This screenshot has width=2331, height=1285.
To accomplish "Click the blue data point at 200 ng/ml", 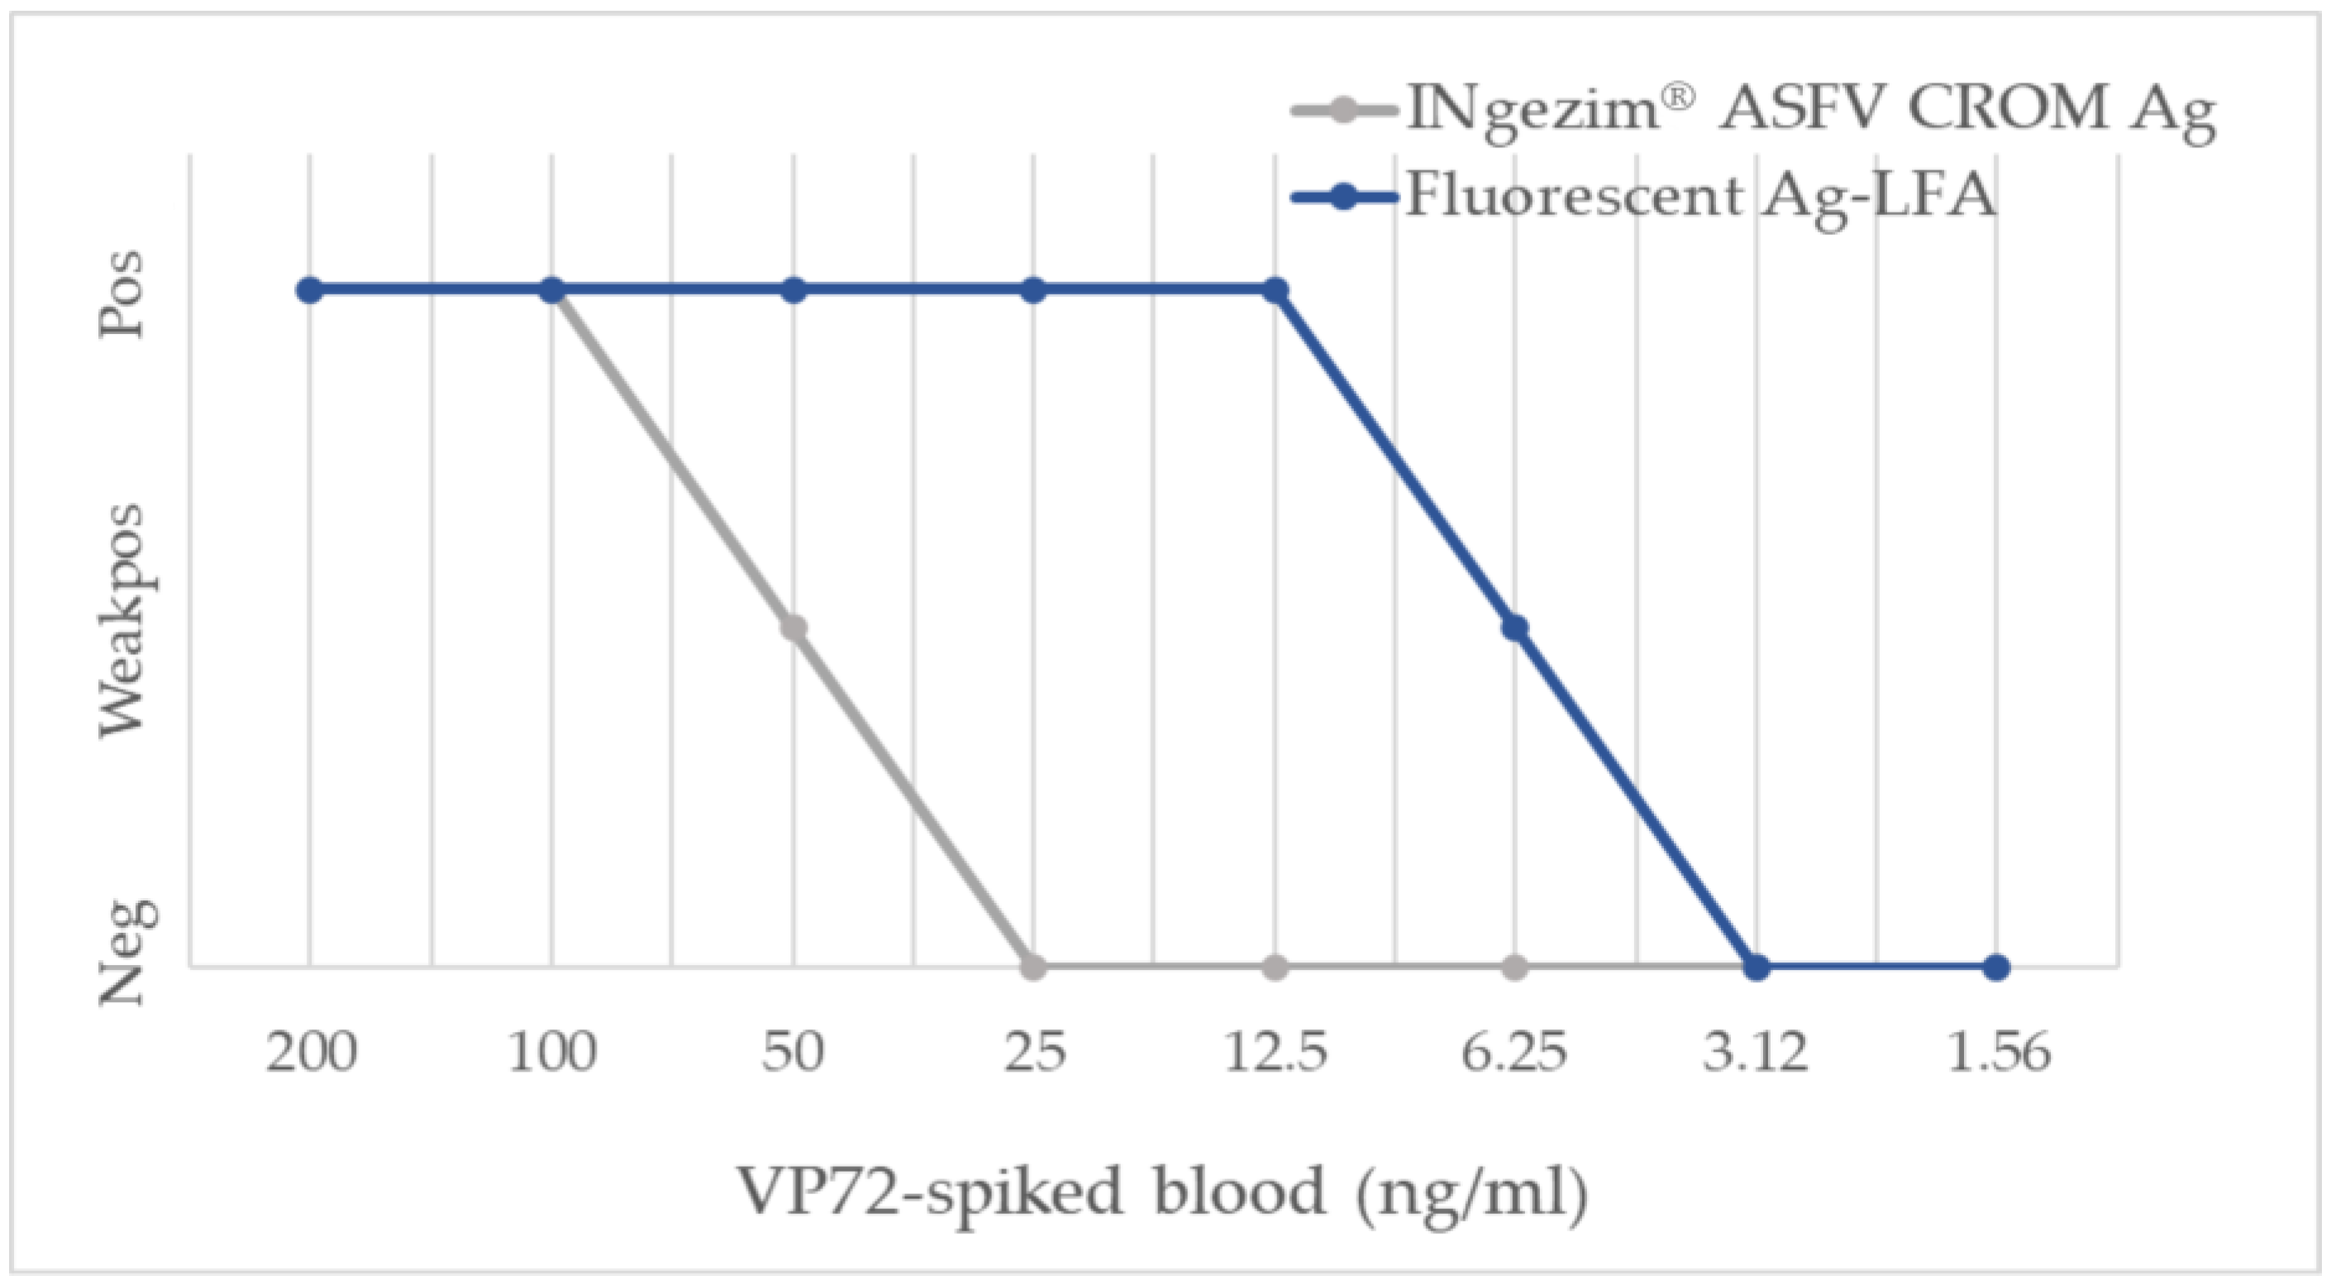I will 310,290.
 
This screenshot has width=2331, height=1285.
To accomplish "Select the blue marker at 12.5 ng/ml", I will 1275,290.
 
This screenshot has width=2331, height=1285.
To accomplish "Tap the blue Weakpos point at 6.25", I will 1516,628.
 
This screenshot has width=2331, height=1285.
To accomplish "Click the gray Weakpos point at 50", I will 794,628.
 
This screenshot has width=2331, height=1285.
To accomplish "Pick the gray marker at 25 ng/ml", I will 1034,967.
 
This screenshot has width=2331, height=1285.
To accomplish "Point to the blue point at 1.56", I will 1997,967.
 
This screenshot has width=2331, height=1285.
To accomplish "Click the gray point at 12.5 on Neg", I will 1275,967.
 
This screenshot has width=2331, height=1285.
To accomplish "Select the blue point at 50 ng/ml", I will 794,290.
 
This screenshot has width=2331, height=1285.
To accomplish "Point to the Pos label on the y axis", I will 122,294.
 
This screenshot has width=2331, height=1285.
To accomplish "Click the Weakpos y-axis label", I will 122,621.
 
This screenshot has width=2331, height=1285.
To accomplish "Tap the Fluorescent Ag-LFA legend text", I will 1701,195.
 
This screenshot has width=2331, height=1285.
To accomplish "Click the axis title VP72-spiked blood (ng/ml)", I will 1163,1192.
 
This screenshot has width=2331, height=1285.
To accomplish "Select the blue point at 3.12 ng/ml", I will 1757,967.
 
